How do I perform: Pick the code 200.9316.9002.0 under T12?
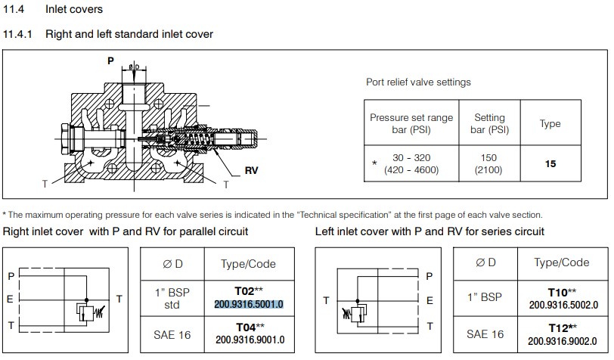pyautogui.click(x=560, y=340)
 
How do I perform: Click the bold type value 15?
pyautogui.click(x=550, y=163)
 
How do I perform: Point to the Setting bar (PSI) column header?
pyautogui.click(x=488, y=123)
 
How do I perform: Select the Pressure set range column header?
pyautogui.click(x=411, y=123)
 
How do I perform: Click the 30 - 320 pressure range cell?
pyautogui.click(x=411, y=163)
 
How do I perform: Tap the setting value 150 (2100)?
pyautogui.click(x=488, y=163)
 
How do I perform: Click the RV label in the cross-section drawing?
pyautogui.click(x=251, y=171)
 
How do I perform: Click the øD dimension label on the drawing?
pyautogui.click(x=133, y=67)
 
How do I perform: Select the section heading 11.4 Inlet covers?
pyautogui.click(x=53, y=10)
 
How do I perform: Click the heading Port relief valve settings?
pyautogui.click(x=418, y=82)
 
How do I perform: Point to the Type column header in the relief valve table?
pyautogui.click(x=550, y=123)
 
